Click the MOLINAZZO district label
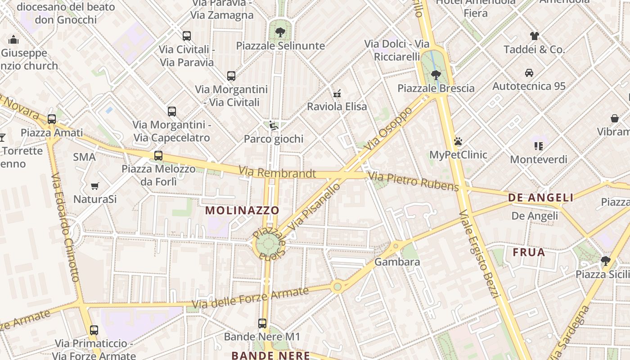[242, 210]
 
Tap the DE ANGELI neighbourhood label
[540, 198]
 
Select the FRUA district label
[529, 252]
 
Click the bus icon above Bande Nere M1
[262, 324]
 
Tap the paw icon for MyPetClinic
[458, 141]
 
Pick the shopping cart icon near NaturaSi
[95, 186]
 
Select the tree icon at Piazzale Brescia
[435, 75]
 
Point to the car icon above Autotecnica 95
[529, 72]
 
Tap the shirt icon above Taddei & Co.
[534, 36]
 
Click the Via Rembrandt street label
[277, 172]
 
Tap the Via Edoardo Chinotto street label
[65, 228]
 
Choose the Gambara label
[397, 262]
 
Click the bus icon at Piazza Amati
[52, 119]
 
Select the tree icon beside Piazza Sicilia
[605, 261]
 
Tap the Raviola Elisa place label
[337, 107]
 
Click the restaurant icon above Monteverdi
[538, 146]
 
